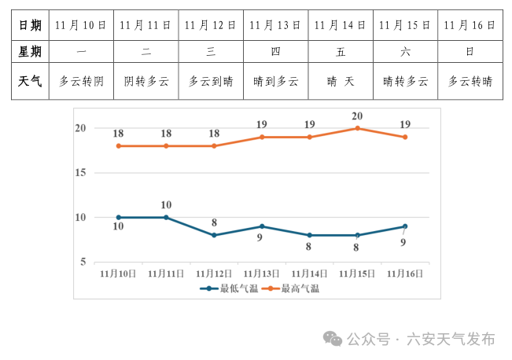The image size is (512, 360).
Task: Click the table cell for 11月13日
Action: coord(275,25)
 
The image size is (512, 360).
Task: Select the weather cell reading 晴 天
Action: coord(341,81)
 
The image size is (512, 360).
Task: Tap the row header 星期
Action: coord(30,53)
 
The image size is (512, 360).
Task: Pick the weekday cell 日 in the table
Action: coord(470,53)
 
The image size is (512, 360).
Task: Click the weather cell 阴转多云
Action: coord(146,81)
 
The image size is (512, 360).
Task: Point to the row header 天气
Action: coord(30,81)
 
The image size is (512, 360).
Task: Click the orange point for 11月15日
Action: coord(357,128)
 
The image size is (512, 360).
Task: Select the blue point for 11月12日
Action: coord(214,235)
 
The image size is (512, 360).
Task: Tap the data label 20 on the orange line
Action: coord(357,116)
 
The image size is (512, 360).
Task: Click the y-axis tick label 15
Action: coord(80,172)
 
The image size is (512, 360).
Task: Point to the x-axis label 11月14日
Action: coord(309,274)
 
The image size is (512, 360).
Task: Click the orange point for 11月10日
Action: coord(119,145)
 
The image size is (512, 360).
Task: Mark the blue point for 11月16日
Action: coord(405,226)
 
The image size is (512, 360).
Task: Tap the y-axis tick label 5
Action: coord(83,262)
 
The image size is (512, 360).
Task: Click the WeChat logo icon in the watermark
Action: coord(333,339)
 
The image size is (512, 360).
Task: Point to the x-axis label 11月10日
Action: coord(118,274)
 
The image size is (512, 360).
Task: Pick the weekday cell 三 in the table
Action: coord(211,53)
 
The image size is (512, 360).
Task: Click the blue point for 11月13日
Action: coord(262,226)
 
